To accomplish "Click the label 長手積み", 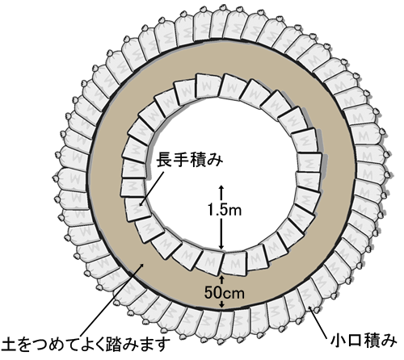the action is coord(191,160).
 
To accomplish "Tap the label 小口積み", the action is coord(364,341).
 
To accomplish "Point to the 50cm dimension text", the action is coord(224,292).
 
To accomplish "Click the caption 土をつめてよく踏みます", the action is coord(86,345).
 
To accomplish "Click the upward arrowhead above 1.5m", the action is coord(221,187).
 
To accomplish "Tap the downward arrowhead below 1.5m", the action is coord(221,247).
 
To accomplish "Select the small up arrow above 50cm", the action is coord(221,279).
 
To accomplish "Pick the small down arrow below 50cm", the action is coord(221,304).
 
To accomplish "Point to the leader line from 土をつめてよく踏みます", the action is coord(112,299).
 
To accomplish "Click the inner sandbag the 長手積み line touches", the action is coord(138,208).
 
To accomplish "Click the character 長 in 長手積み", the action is coord(165,160).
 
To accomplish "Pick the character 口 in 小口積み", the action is coord(356,341).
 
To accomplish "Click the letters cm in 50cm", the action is coord(234,294).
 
